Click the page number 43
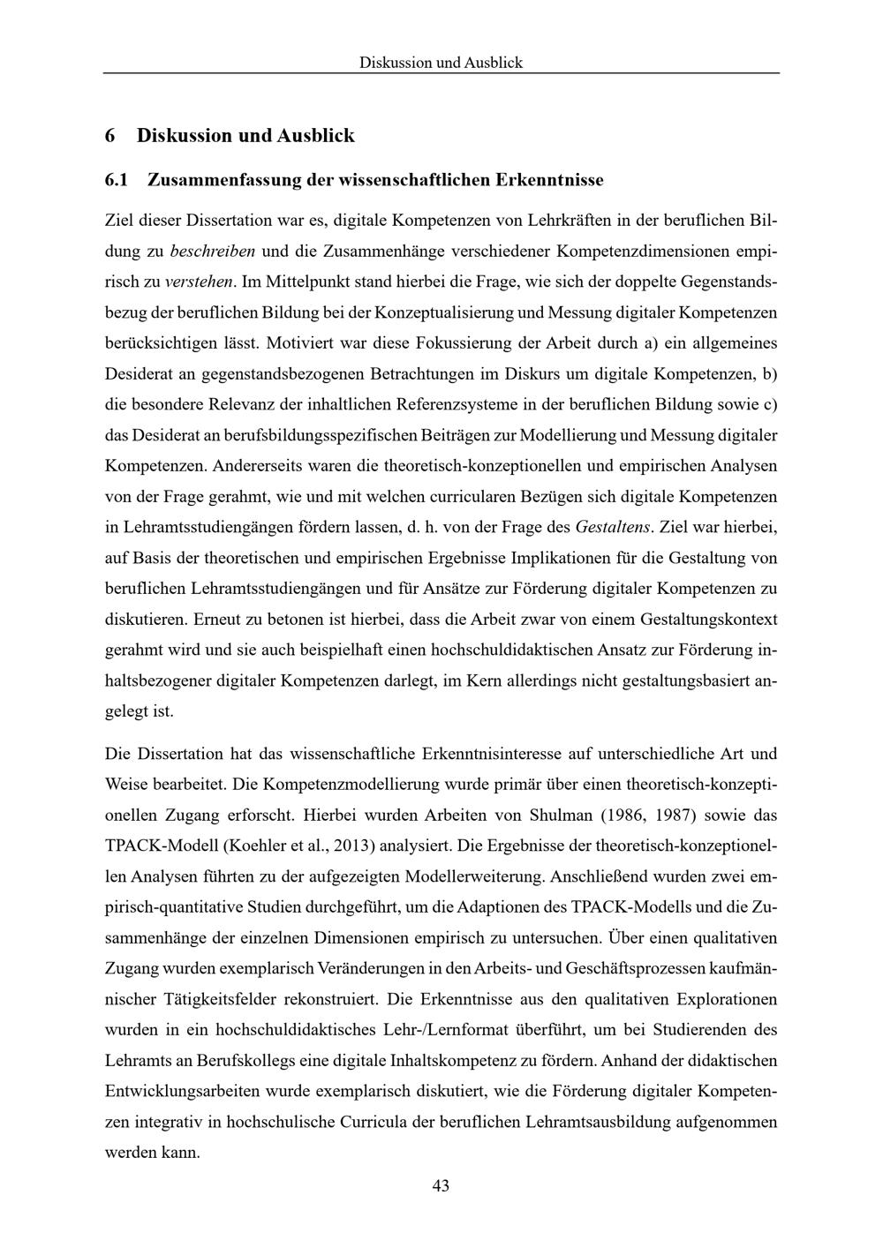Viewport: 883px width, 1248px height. click(x=441, y=1185)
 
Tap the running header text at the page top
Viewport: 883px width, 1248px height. click(x=441, y=63)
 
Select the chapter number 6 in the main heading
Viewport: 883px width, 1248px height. click(x=110, y=135)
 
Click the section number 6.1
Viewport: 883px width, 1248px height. click(x=117, y=180)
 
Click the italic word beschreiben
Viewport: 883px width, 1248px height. click(x=212, y=250)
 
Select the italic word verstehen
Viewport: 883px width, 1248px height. click(x=200, y=282)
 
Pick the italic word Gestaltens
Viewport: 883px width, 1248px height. click(x=612, y=528)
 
